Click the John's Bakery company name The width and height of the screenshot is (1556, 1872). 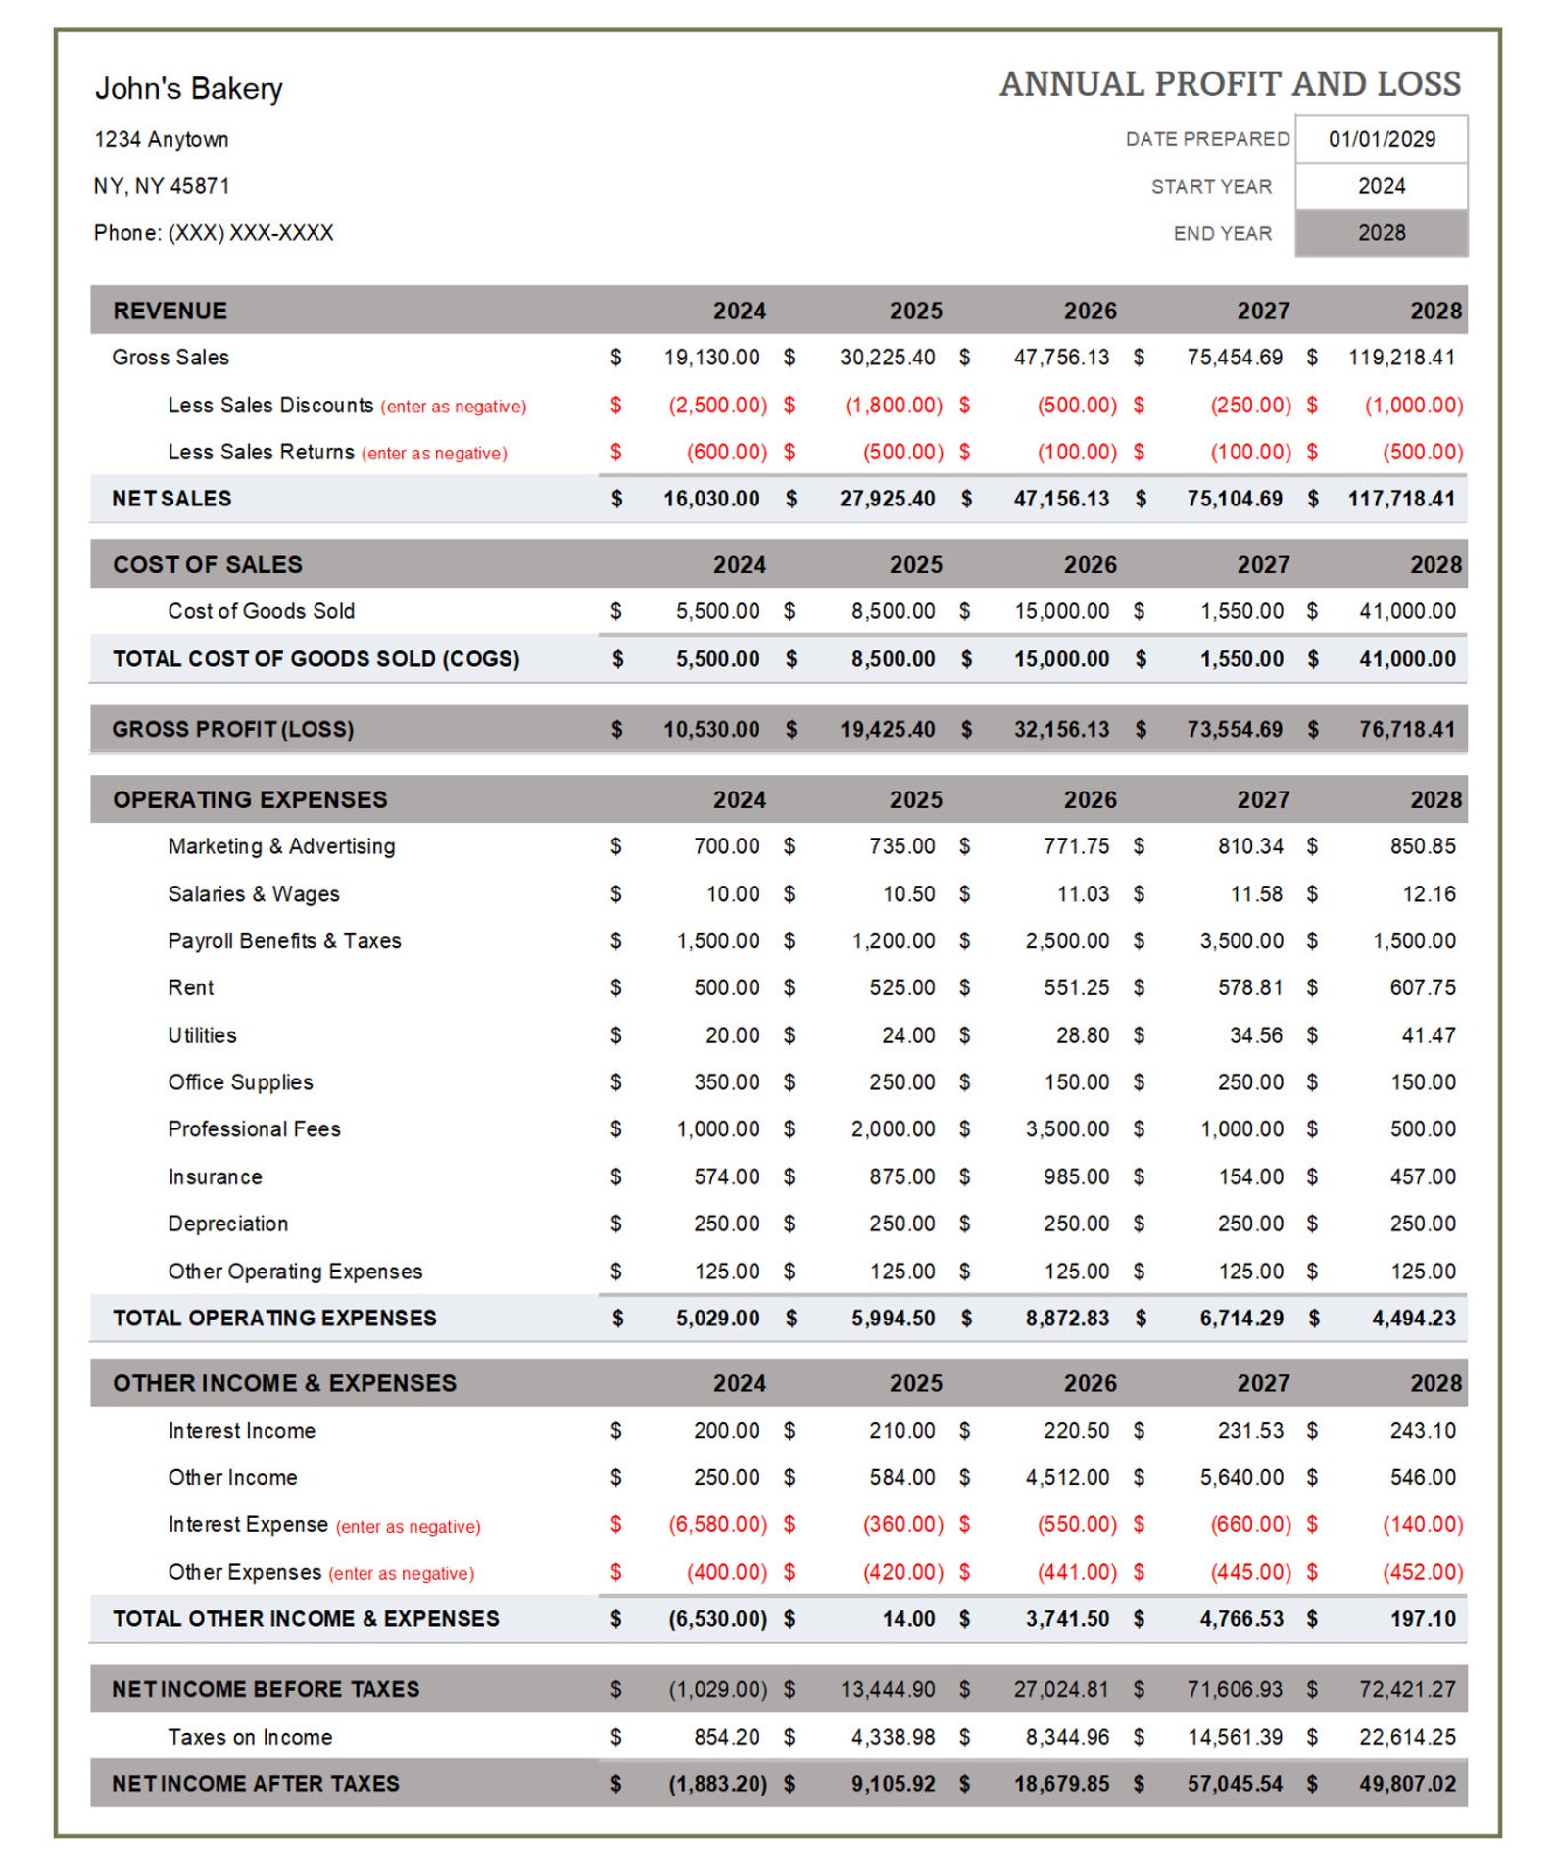(x=188, y=88)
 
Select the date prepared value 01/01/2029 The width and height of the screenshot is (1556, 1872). (x=1381, y=139)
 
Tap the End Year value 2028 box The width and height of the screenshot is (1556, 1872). (x=1381, y=233)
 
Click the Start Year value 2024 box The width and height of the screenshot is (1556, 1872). (x=1381, y=186)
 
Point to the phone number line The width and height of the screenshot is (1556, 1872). (x=214, y=233)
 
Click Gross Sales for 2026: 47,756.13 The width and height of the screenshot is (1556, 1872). (x=1061, y=358)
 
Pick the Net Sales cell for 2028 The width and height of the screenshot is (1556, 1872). (x=1401, y=499)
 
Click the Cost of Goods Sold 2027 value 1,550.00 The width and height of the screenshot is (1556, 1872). (x=1241, y=611)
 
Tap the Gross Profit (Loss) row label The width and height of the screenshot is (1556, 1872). (x=232, y=729)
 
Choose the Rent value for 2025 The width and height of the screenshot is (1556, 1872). (x=901, y=987)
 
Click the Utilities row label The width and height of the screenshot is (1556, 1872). (x=202, y=1035)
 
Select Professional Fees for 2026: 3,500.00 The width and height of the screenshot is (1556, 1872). (x=1067, y=1128)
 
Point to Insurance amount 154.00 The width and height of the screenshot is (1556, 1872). (x=1250, y=1176)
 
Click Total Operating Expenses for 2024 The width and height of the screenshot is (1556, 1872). (x=717, y=1319)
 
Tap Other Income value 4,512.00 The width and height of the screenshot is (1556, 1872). (x=1067, y=1477)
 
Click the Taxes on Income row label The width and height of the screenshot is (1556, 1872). (x=250, y=1737)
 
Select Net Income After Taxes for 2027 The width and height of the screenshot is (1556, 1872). (x=1235, y=1784)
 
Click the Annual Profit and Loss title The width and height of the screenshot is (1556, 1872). (x=1230, y=84)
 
